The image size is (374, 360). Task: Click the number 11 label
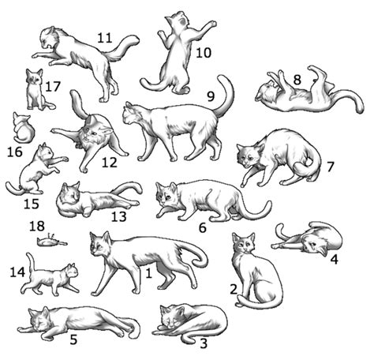[104, 37]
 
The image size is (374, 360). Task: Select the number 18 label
[37, 226]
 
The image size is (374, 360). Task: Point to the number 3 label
[204, 343]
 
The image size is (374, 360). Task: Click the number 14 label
[17, 271]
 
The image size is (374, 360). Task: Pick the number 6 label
[203, 227]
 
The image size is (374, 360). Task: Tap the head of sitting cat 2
[245, 246]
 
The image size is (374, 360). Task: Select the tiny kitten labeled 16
[23, 129]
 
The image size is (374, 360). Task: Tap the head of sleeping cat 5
[39, 321]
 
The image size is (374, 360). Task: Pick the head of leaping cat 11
[52, 37]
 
